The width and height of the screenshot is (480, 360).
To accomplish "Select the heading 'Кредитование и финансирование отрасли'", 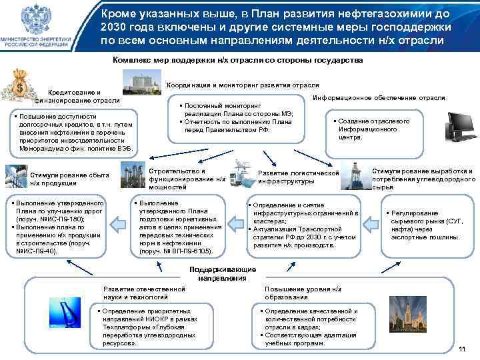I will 75,96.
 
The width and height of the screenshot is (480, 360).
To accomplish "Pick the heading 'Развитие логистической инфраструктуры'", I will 298,177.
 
